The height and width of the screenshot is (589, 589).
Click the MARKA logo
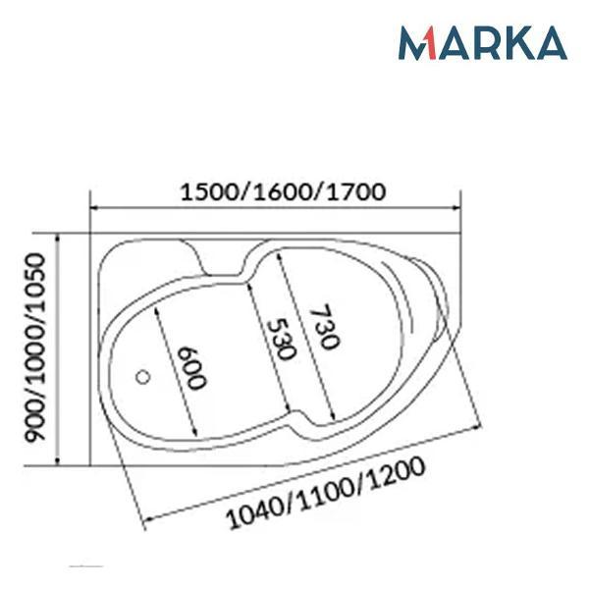coord(483,42)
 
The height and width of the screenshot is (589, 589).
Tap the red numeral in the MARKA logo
coord(430,43)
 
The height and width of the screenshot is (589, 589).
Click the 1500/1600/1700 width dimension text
coord(284,192)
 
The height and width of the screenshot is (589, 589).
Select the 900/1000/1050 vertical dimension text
coord(35,347)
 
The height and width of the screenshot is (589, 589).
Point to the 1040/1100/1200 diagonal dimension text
coord(326,492)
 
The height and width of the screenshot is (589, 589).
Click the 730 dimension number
coord(324,326)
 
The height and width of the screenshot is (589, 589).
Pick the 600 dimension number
coord(192,369)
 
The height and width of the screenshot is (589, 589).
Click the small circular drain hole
coord(142,377)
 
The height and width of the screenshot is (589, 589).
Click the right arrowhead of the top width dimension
coord(456,207)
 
